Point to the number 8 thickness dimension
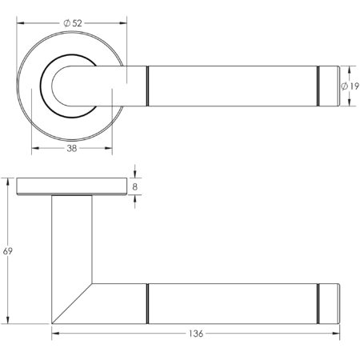pos(135,186)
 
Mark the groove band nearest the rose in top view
pos(148,85)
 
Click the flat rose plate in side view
pos(71,186)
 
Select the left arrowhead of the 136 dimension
pos(55,332)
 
